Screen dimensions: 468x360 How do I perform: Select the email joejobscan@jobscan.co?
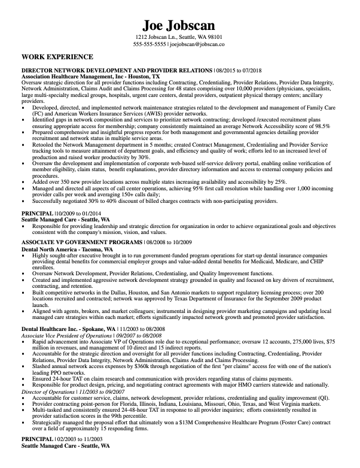coord(197,44)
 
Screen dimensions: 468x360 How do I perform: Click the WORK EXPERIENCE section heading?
coord(57,57)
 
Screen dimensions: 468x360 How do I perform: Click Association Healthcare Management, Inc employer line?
coord(90,77)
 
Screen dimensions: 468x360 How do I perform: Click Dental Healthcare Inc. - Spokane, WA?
coord(69,329)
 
